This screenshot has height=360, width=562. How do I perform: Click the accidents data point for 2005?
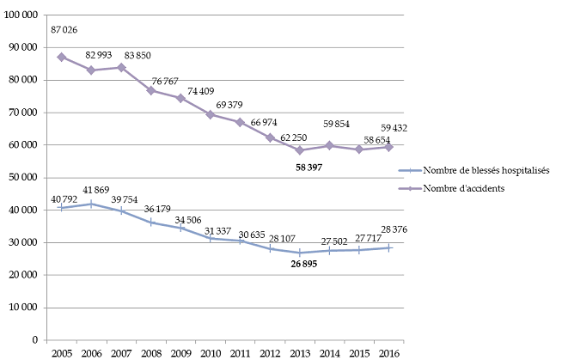pos(61,57)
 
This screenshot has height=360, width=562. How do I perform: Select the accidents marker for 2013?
pos(300,150)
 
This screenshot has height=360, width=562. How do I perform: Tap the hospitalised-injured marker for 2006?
pos(91,204)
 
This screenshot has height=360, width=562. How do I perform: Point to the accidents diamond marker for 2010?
pos(211,114)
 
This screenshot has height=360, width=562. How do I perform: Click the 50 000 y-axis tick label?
pos(21,178)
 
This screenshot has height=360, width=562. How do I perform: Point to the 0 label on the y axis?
pos(34,340)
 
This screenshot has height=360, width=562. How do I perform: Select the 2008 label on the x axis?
pos(150,352)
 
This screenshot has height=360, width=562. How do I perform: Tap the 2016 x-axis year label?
pos(389,352)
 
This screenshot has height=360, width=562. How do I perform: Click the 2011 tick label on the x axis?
pos(240,352)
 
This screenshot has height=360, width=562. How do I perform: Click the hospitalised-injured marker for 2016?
pos(389,247)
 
